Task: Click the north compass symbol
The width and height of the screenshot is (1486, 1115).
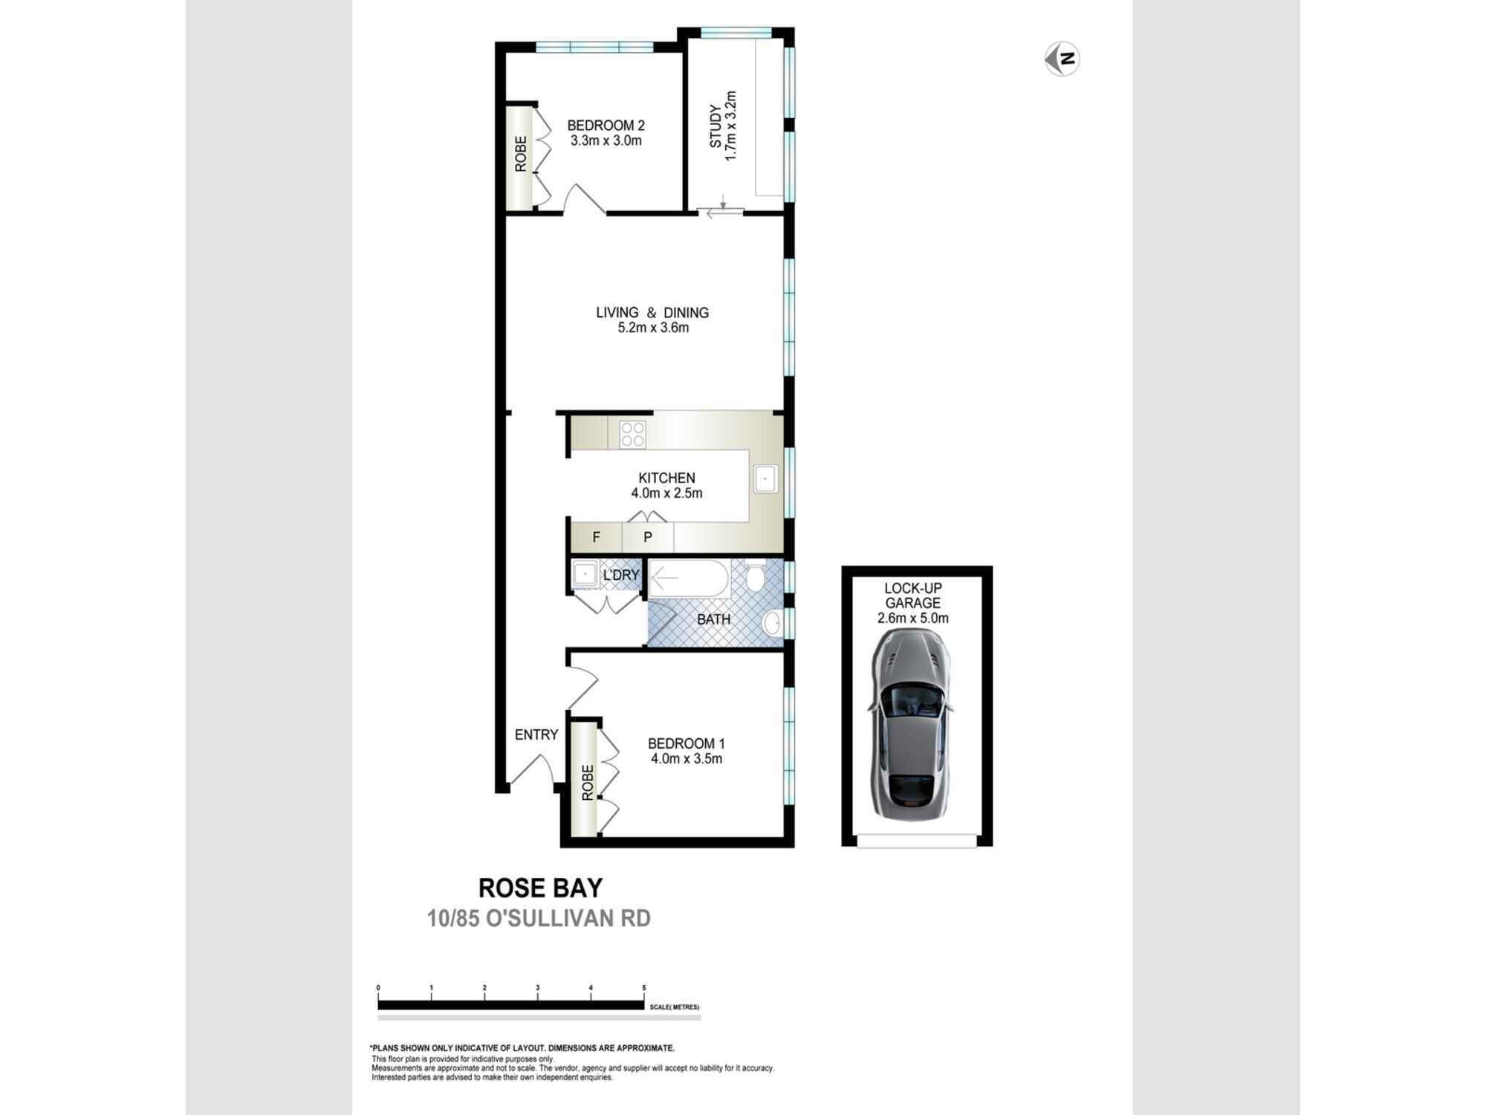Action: [x=1062, y=59]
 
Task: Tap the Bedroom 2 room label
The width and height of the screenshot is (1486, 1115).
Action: [x=606, y=126]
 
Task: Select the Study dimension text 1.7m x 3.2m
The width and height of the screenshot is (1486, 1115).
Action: [x=731, y=126]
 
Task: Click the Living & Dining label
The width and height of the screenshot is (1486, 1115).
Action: [x=652, y=313]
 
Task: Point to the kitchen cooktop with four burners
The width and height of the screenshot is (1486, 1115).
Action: [x=632, y=434]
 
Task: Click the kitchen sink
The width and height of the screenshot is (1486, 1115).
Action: [x=765, y=479]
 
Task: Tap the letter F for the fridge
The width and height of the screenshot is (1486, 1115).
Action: [x=596, y=537]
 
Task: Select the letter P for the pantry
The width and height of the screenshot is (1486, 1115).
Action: [x=648, y=537]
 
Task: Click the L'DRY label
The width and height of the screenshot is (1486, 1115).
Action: [x=621, y=575]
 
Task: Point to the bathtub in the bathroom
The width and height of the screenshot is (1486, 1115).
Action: [x=690, y=579]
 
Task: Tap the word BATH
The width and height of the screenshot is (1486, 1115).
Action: [x=713, y=619]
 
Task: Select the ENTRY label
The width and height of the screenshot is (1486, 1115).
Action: [x=536, y=734]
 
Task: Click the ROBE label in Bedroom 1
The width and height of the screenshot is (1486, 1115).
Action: [x=588, y=783]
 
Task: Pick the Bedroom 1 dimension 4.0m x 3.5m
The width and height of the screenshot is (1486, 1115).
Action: [x=687, y=759]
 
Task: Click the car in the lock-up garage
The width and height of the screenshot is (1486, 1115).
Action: [x=909, y=725]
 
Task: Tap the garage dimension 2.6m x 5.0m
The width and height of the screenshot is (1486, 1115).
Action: [x=913, y=618]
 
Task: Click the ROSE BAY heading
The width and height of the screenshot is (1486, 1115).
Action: [x=540, y=888]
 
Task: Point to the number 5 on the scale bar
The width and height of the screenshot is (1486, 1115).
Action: [x=644, y=988]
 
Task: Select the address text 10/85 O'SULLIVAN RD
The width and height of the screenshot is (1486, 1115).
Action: [x=539, y=919]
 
